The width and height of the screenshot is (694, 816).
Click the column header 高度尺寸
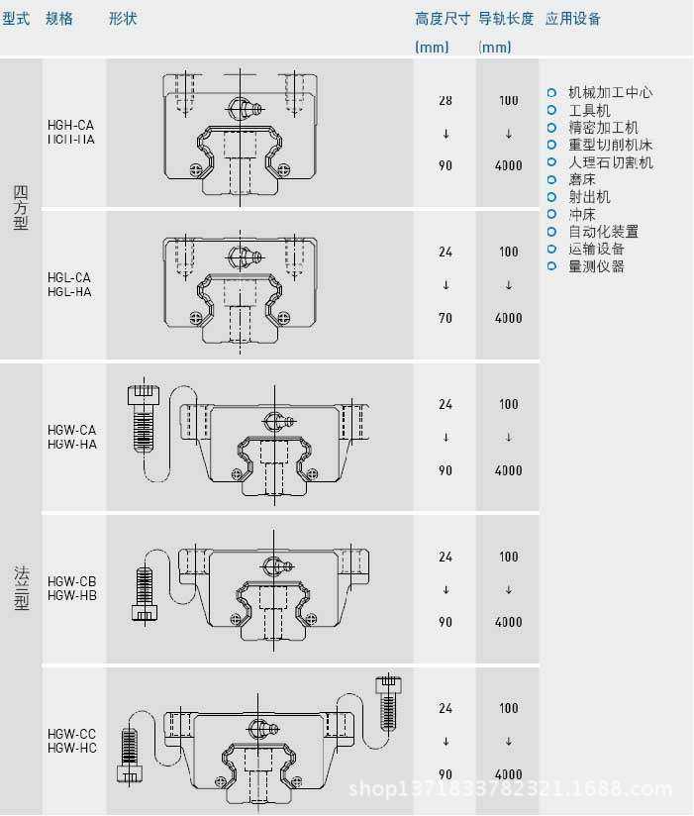(x=442, y=19)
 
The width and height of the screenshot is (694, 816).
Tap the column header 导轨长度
(x=506, y=19)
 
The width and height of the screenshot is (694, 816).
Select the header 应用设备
(x=573, y=19)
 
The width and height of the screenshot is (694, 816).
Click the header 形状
(x=123, y=19)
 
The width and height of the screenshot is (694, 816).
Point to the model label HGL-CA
(x=69, y=278)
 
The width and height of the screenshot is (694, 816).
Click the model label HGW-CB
(x=72, y=581)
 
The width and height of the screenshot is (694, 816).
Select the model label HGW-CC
(x=72, y=734)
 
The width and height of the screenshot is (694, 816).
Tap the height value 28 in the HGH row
(x=446, y=101)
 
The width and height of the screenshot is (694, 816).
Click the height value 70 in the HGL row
(x=446, y=318)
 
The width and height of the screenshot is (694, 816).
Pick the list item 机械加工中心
(x=610, y=93)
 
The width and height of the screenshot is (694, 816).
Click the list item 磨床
(x=582, y=179)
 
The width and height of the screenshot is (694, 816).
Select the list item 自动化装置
(x=603, y=232)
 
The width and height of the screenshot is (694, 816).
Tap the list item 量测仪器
(x=596, y=266)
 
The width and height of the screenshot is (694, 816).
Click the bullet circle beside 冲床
(x=552, y=214)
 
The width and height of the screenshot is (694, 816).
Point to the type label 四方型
(x=21, y=208)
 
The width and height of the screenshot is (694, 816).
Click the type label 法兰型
(x=21, y=587)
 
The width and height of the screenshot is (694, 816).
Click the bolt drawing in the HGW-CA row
(x=143, y=421)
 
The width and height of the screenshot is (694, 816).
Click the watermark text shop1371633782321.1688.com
(x=513, y=789)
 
